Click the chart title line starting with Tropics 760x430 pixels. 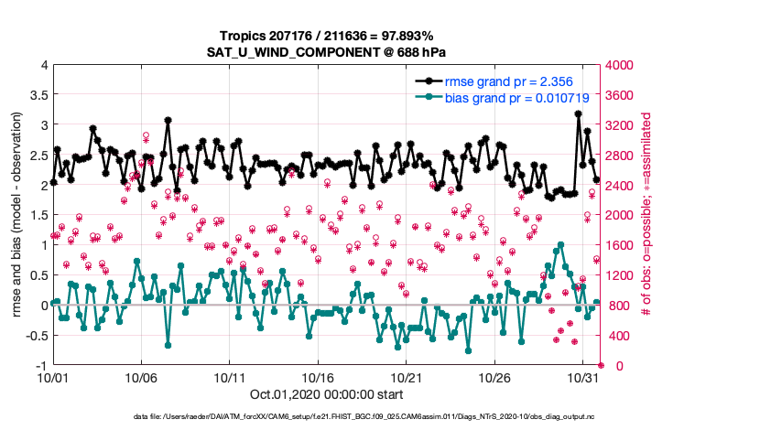pos(326,37)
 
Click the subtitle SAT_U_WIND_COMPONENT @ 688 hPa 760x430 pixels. pos(326,53)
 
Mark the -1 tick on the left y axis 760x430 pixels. pos(39,365)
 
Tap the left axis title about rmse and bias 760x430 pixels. pos(17,215)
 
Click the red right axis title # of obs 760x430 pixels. pos(646,215)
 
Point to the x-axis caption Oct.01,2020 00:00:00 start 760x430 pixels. pos(326,394)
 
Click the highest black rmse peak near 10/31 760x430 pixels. pos(578,113)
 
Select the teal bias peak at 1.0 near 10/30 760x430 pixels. pos(560,244)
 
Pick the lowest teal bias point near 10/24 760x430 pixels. pos(467,350)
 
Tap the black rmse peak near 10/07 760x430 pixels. pos(168,119)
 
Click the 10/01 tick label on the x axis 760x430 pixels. pos(52,377)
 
